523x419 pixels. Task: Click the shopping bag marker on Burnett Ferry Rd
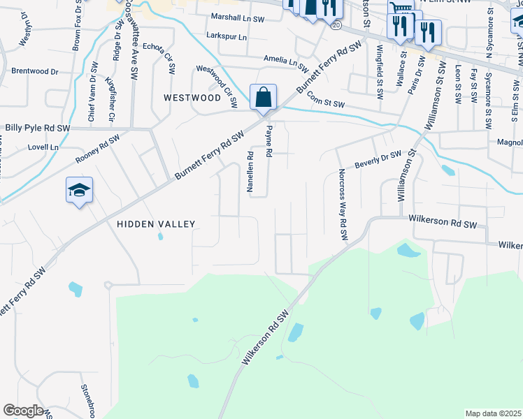(x=264, y=97)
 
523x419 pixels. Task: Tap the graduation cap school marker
(x=79, y=190)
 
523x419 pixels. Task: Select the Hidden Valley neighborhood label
(x=156, y=223)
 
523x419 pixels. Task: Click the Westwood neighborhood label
(x=192, y=98)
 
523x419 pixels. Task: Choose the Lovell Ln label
(x=43, y=147)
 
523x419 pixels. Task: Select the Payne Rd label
(x=268, y=146)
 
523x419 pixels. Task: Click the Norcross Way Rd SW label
(x=342, y=205)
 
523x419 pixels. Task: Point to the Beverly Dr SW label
(x=378, y=159)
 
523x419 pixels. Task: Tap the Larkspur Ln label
(x=227, y=36)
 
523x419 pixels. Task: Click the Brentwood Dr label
(x=35, y=71)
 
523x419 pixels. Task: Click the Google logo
(x=23, y=411)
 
